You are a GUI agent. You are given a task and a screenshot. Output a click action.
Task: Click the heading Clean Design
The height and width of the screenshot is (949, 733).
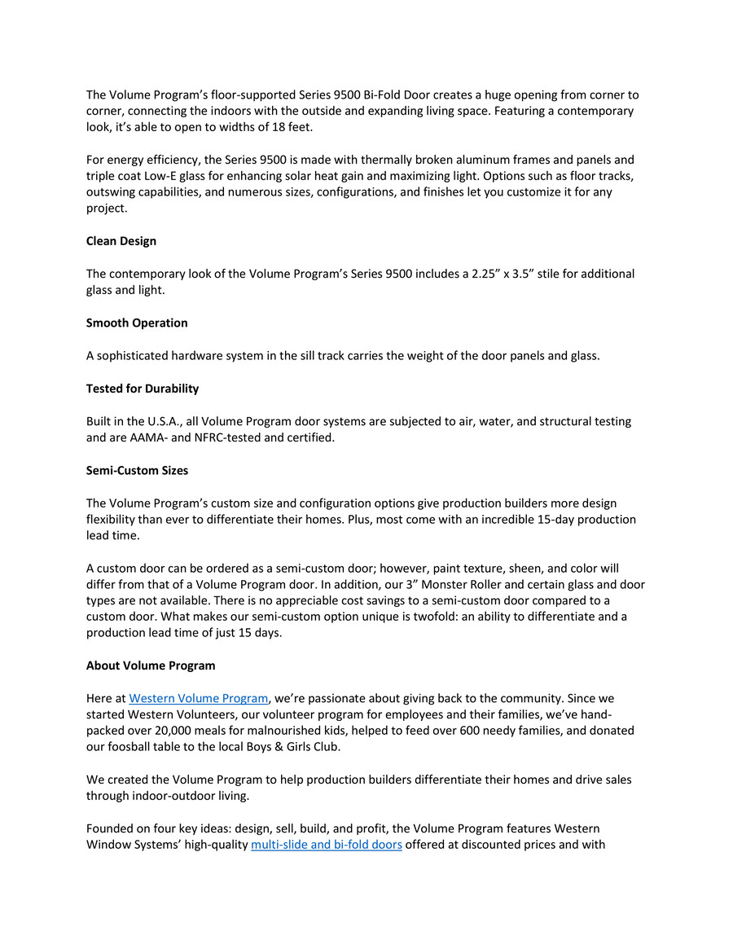click(x=121, y=241)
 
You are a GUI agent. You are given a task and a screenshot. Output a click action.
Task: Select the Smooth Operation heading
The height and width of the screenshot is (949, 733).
click(x=137, y=323)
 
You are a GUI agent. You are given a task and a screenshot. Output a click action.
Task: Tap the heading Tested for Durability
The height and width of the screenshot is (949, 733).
click(x=143, y=389)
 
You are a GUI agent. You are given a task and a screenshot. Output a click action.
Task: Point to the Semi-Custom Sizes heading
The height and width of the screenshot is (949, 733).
click(x=137, y=470)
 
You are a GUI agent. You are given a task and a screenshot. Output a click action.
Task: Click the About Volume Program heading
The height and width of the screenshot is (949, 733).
click(x=151, y=666)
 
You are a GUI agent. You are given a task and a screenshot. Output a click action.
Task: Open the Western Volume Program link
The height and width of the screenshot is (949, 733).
click(x=199, y=698)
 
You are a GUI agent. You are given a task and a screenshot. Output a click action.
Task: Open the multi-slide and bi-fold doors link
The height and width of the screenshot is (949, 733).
click(x=327, y=845)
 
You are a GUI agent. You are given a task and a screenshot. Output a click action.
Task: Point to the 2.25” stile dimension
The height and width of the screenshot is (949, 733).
click(x=485, y=274)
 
